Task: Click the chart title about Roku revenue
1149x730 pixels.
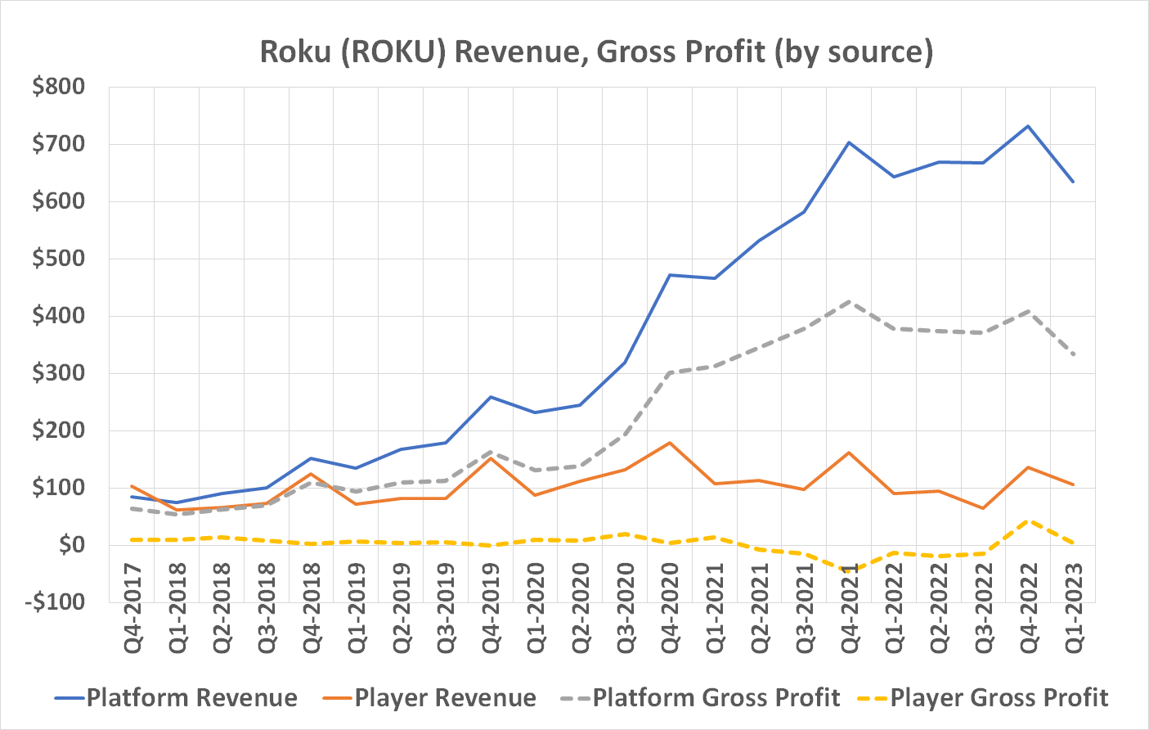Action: (596, 52)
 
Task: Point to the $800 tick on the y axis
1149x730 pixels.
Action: (58, 87)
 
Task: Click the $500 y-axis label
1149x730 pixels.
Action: (58, 259)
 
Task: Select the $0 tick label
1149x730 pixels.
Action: (70, 545)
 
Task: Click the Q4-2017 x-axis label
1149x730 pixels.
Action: (132, 607)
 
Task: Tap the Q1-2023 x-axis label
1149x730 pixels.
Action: (1073, 607)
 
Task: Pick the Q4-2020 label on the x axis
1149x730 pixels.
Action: (671, 607)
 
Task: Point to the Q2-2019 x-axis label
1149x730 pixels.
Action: (402, 607)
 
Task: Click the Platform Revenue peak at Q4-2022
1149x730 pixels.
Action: (1028, 126)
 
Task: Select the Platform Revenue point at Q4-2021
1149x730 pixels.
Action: (849, 142)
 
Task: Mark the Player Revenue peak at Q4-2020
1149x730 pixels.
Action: (670, 443)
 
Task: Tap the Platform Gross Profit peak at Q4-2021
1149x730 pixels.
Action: (849, 301)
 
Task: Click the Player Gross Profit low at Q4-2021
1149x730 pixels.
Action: (849, 570)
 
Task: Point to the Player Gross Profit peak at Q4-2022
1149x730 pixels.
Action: (1028, 520)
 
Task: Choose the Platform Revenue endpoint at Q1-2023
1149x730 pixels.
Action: (1073, 182)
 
